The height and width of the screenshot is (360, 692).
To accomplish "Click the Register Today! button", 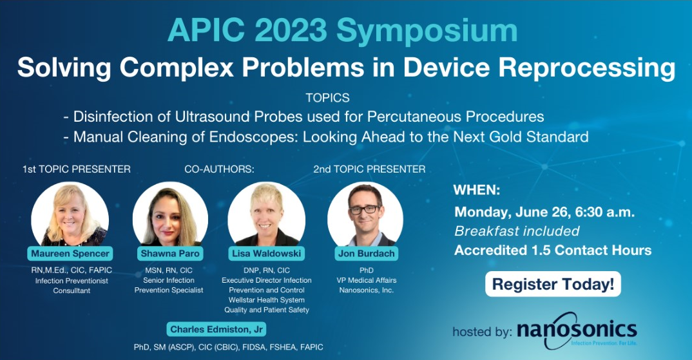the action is (x=553, y=284).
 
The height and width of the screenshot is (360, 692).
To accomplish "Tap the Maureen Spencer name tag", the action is (x=70, y=254).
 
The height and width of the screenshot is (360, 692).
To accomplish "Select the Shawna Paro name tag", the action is (x=170, y=254).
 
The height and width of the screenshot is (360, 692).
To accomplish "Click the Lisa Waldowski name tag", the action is (x=267, y=254).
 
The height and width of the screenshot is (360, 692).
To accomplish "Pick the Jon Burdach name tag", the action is (x=367, y=254).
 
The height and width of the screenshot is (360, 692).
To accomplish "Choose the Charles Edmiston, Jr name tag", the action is (x=216, y=330).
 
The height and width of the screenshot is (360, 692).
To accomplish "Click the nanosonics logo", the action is (x=577, y=331).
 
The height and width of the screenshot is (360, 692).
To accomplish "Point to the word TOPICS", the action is (x=327, y=98).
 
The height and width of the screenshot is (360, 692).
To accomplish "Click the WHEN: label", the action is (x=477, y=191).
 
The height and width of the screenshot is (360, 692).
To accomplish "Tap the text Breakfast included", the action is (x=517, y=231).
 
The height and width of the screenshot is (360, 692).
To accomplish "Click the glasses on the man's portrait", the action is (x=365, y=210).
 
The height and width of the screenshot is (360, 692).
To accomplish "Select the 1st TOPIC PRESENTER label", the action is (x=76, y=169).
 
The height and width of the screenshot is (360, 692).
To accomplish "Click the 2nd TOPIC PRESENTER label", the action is (x=369, y=169).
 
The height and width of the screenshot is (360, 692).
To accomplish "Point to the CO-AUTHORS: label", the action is (x=219, y=169).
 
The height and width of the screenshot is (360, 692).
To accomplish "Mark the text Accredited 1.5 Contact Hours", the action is (x=553, y=250).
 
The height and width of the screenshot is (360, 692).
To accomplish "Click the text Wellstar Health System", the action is (x=267, y=300).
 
